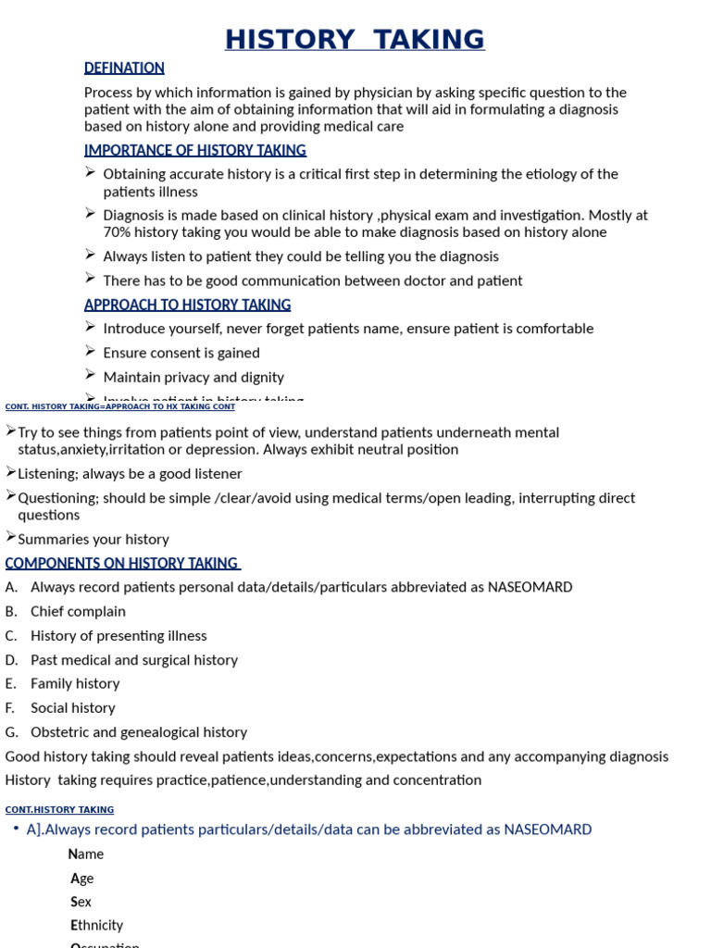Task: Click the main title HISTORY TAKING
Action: [x=355, y=40]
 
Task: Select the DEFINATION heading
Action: [x=124, y=68]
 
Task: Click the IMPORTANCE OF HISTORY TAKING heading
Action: [x=194, y=150]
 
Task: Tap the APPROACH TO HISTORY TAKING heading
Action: [x=187, y=305]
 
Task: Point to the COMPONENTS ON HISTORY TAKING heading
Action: [x=122, y=563]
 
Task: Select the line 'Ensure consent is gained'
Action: [x=181, y=353]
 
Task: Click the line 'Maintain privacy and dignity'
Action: [x=193, y=377]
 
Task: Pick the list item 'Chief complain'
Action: [x=78, y=611]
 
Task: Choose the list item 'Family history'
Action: [x=75, y=683]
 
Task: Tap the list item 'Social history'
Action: [x=73, y=707]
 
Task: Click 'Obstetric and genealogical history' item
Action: [x=139, y=731]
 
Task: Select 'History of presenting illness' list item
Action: [x=118, y=635]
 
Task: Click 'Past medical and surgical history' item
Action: [x=134, y=659]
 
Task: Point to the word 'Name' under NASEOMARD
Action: [x=86, y=854]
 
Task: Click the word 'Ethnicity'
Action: [x=96, y=925]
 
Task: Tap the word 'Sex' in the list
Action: [x=81, y=901]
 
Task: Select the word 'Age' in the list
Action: [x=82, y=878]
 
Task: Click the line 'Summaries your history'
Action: [x=94, y=539]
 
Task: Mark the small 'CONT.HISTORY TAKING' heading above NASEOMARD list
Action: [x=59, y=810]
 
